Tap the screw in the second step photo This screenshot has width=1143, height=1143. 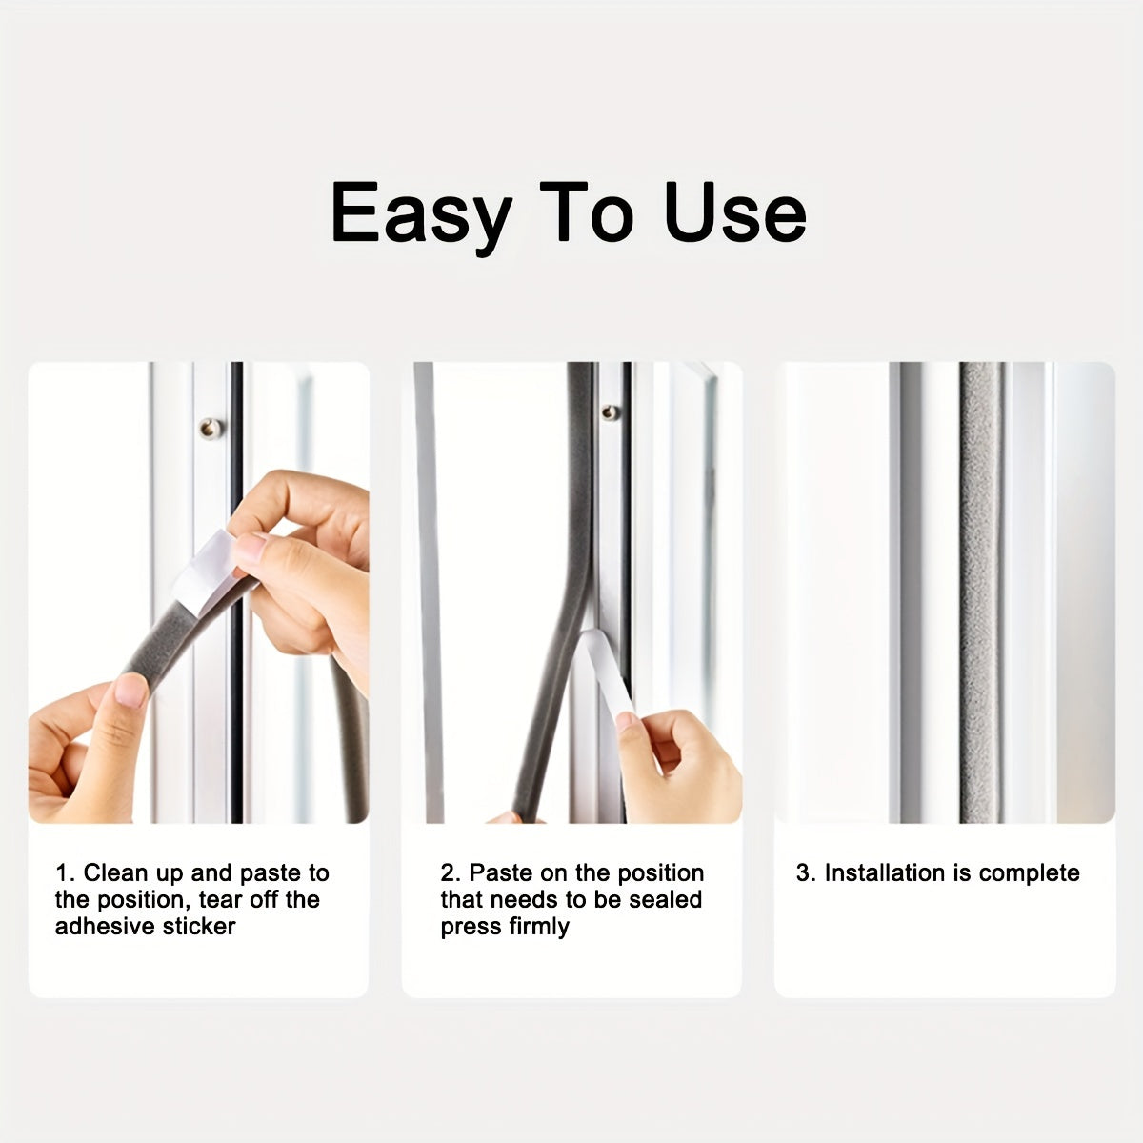click(x=610, y=412)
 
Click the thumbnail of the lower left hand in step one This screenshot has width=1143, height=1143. click(x=130, y=689)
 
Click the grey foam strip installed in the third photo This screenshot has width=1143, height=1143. click(x=980, y=591)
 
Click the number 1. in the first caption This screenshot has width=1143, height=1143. click(x=65, y=873)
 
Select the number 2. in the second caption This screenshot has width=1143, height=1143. click(x=450, y=873)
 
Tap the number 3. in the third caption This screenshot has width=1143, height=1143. click(x=806, y=873)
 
